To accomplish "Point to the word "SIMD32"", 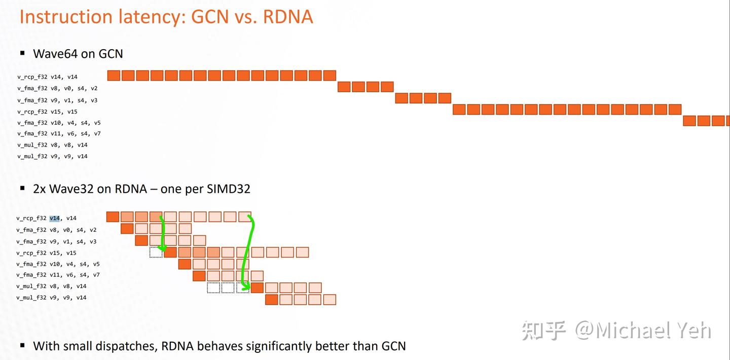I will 229,189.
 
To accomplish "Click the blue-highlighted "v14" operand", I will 55,218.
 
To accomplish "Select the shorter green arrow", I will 163,233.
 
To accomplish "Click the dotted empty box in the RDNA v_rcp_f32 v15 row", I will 156,253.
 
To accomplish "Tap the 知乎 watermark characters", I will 544,331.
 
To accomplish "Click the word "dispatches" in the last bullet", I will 125,346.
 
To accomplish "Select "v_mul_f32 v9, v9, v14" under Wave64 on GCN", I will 52,156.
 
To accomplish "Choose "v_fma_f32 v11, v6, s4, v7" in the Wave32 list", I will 58,275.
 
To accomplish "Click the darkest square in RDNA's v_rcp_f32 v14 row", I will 113,217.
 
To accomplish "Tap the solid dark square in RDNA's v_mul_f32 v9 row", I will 272,299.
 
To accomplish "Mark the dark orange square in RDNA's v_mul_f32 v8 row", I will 257,287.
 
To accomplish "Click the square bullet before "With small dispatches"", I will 22,345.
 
